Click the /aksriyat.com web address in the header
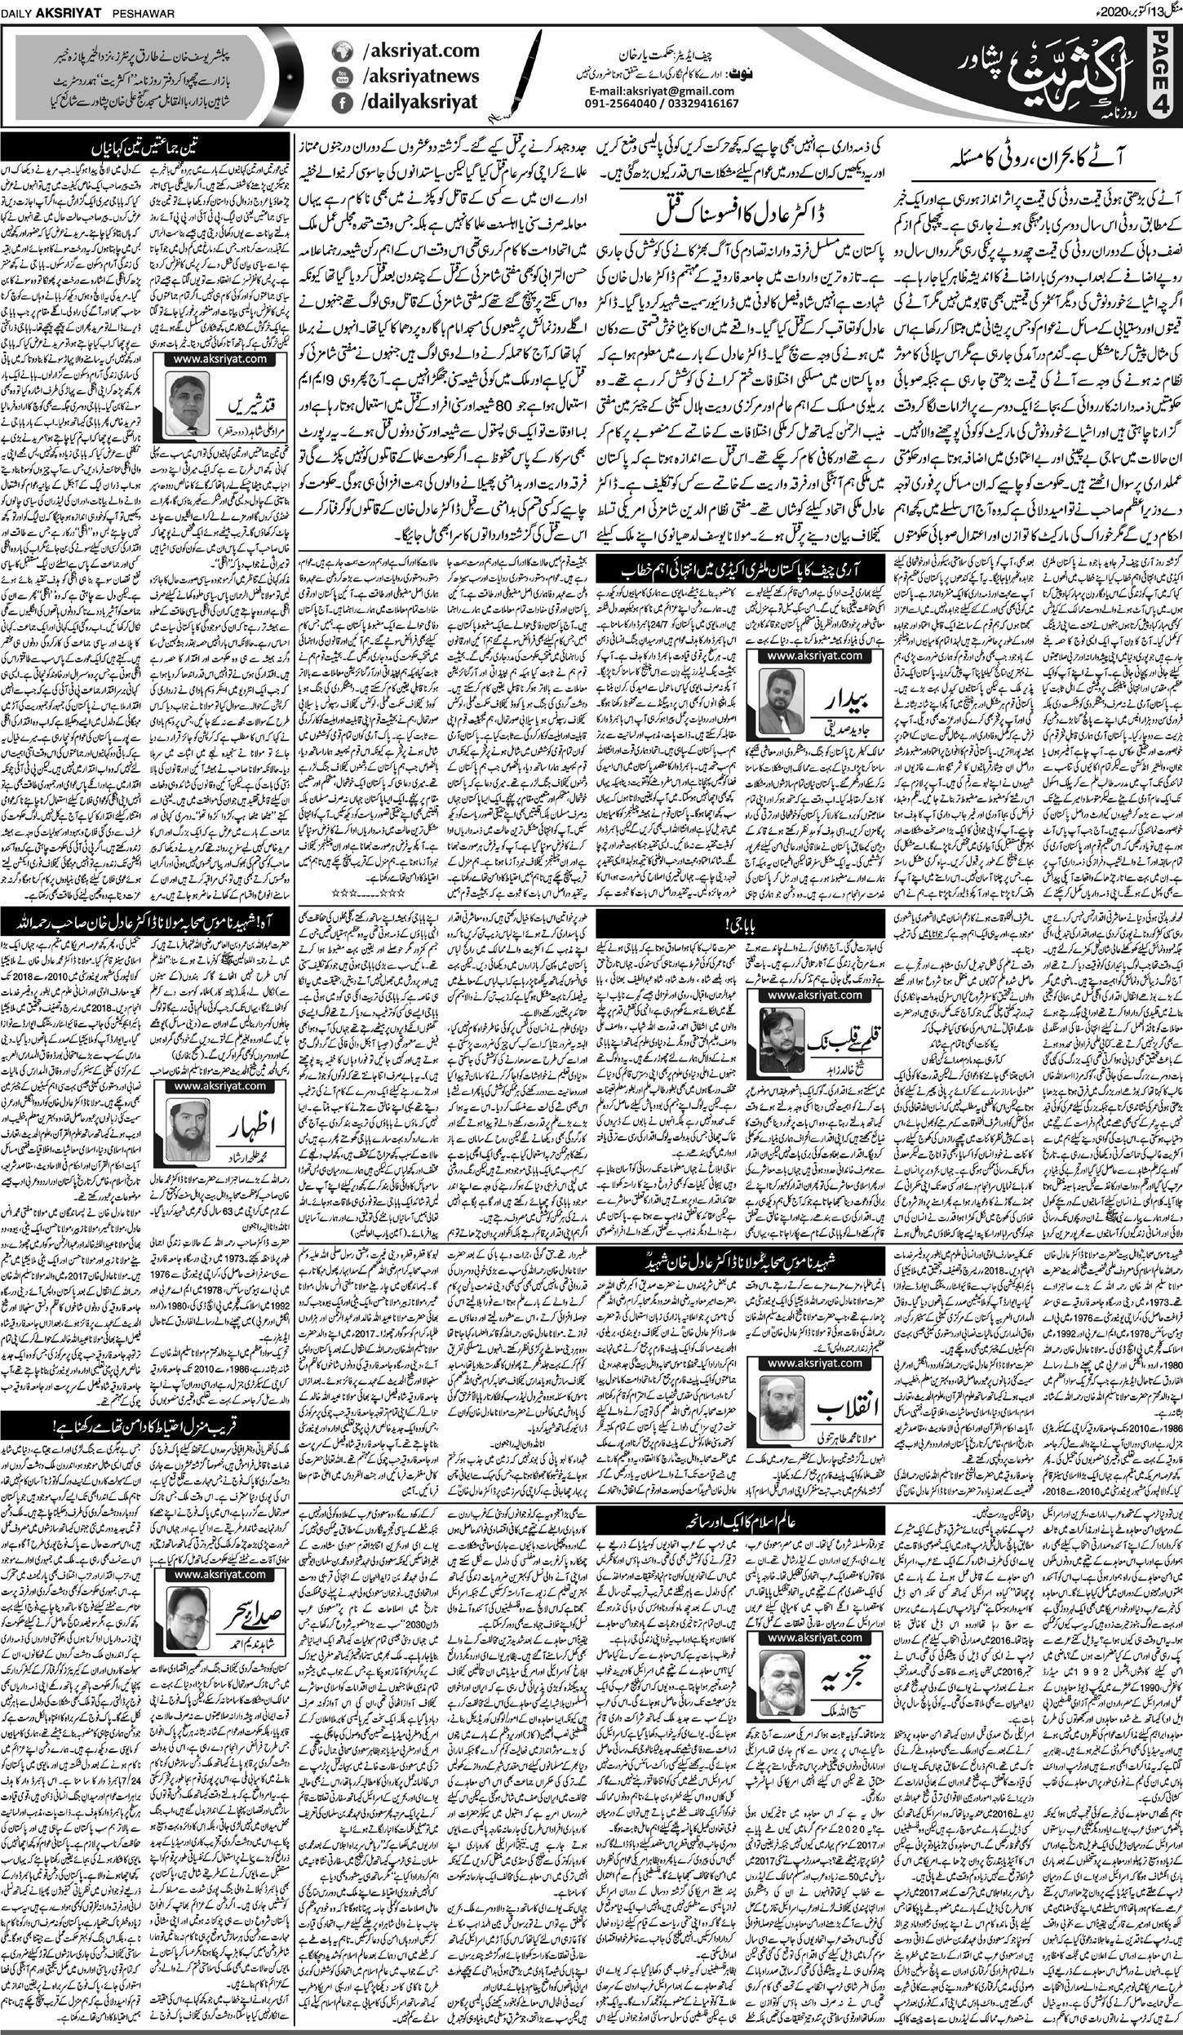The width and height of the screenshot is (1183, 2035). pyautogui.click(x=408, y=51)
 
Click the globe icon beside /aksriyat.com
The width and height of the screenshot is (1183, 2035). pyautogui.click(x=341, y=52)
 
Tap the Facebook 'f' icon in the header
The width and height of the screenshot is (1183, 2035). pyautogui.click(x=341, y=103)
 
